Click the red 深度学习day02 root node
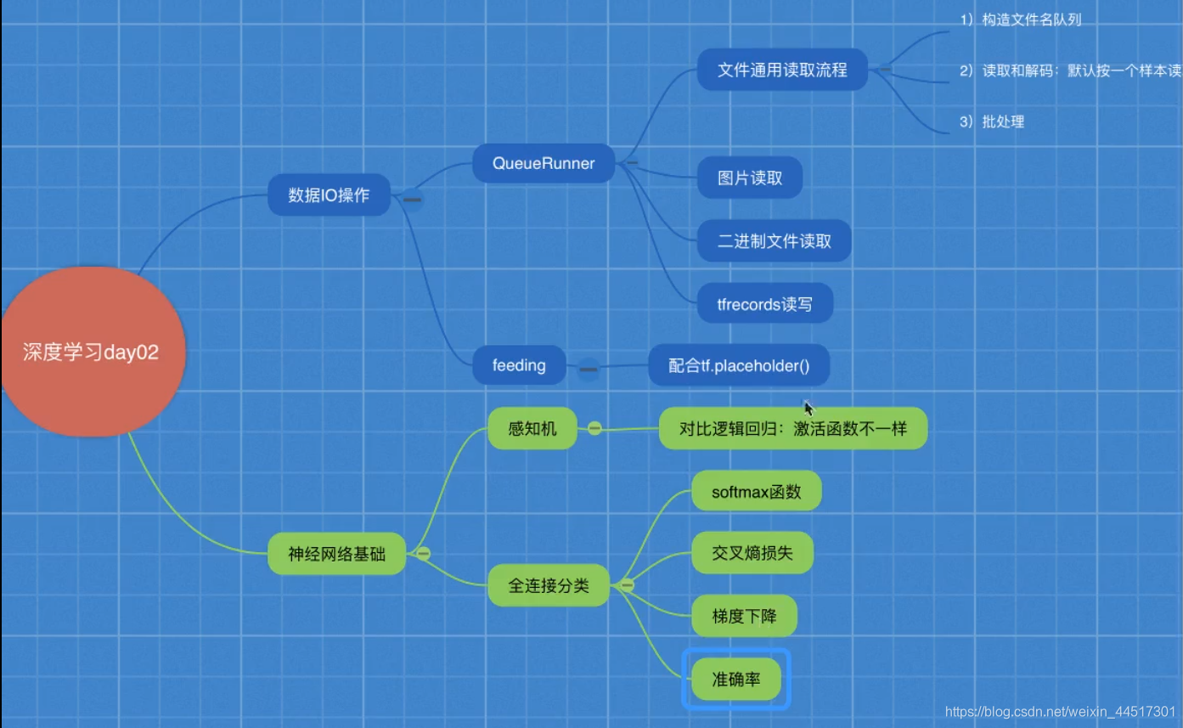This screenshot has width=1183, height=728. pyautogui.click(x=93, y=352)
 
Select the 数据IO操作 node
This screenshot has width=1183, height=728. pyautogui.click(x=329, y=195)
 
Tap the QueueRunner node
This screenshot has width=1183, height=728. pyautogui.click(x=544, y=163)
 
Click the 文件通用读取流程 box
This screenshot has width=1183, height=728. pyautogui.click(x=782, y=70)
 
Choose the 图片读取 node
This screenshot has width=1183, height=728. pyautogui.click(x=750, y=178)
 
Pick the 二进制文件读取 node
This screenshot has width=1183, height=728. pyautogui.click(x=775, y=241)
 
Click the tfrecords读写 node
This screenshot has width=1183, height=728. pyautogui.click(x=764, y=304)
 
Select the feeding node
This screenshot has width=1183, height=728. pyautogui.click(x=519, y=365)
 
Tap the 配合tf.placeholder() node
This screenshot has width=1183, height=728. pyautogui.click(x=739, y=365)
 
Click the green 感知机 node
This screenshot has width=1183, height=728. pyautogui.click(x=532, y=428)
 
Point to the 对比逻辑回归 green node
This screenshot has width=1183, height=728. pyautogui.click(x=793, y=428)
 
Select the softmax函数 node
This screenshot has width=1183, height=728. pyautogui.click(x=757, y=491)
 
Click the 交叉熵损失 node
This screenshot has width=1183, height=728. pyautogui.click(x=752, y=553)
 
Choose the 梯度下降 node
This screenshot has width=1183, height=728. pyautogui.click(x=745, y=616)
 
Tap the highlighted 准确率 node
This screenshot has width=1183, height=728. pyautogui.click(x=736, y=680)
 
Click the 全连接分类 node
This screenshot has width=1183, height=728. pyautogui.click(x=549, y=585)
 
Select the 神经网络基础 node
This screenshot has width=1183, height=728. pyautogui.click(x=337, y=554)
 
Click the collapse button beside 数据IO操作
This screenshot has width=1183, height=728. pyautogui.click(x=412, y=200)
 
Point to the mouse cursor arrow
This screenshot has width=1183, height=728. pyautogui.click(x=808, y=409)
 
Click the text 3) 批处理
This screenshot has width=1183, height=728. pyautogui.click(x=992, y=121)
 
